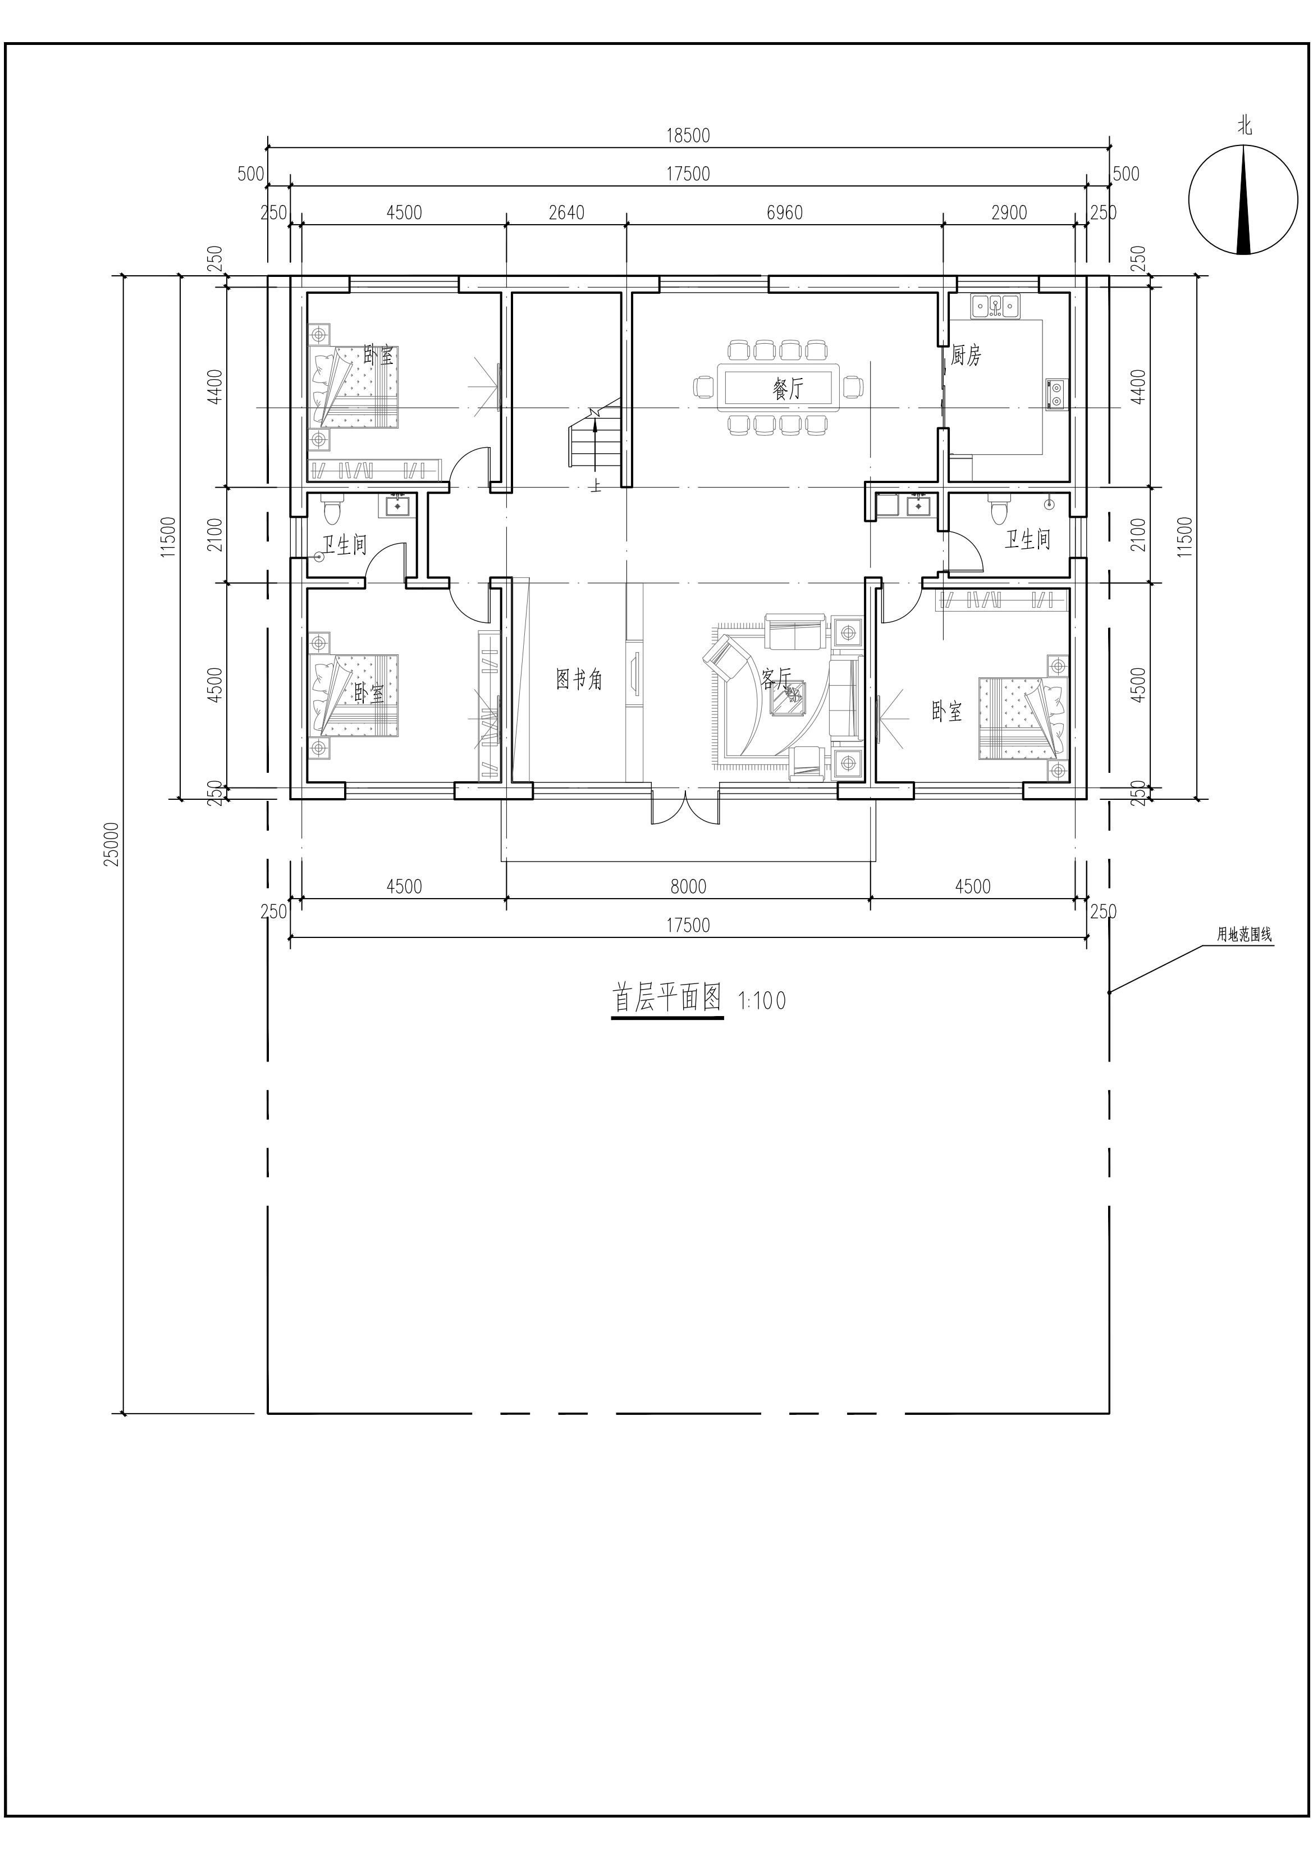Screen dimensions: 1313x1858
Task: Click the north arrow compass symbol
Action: coord(1243,199)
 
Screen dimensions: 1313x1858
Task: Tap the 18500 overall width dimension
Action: coord(688,135)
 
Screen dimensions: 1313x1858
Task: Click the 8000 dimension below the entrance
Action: coord(688,886)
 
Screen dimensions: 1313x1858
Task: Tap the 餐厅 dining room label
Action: coord(788,389)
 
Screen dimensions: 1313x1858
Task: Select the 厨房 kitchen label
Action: coord(966,354)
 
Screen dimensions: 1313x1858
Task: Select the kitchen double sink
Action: coord(996,306)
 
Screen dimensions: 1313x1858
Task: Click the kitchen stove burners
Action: coord(1056,394)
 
